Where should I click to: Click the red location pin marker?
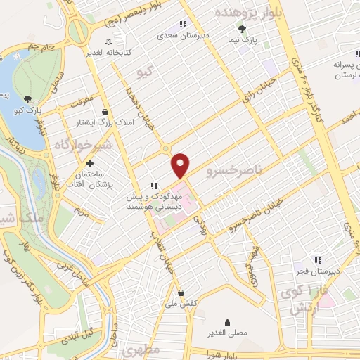click(x=181, y=165)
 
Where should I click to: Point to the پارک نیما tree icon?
click(x=242, y=29)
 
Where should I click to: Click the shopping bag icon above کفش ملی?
click(x=181, y=292)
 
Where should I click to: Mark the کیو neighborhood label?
click(x=146, y=73)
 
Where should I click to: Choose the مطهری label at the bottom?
click(x=141, y=349)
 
